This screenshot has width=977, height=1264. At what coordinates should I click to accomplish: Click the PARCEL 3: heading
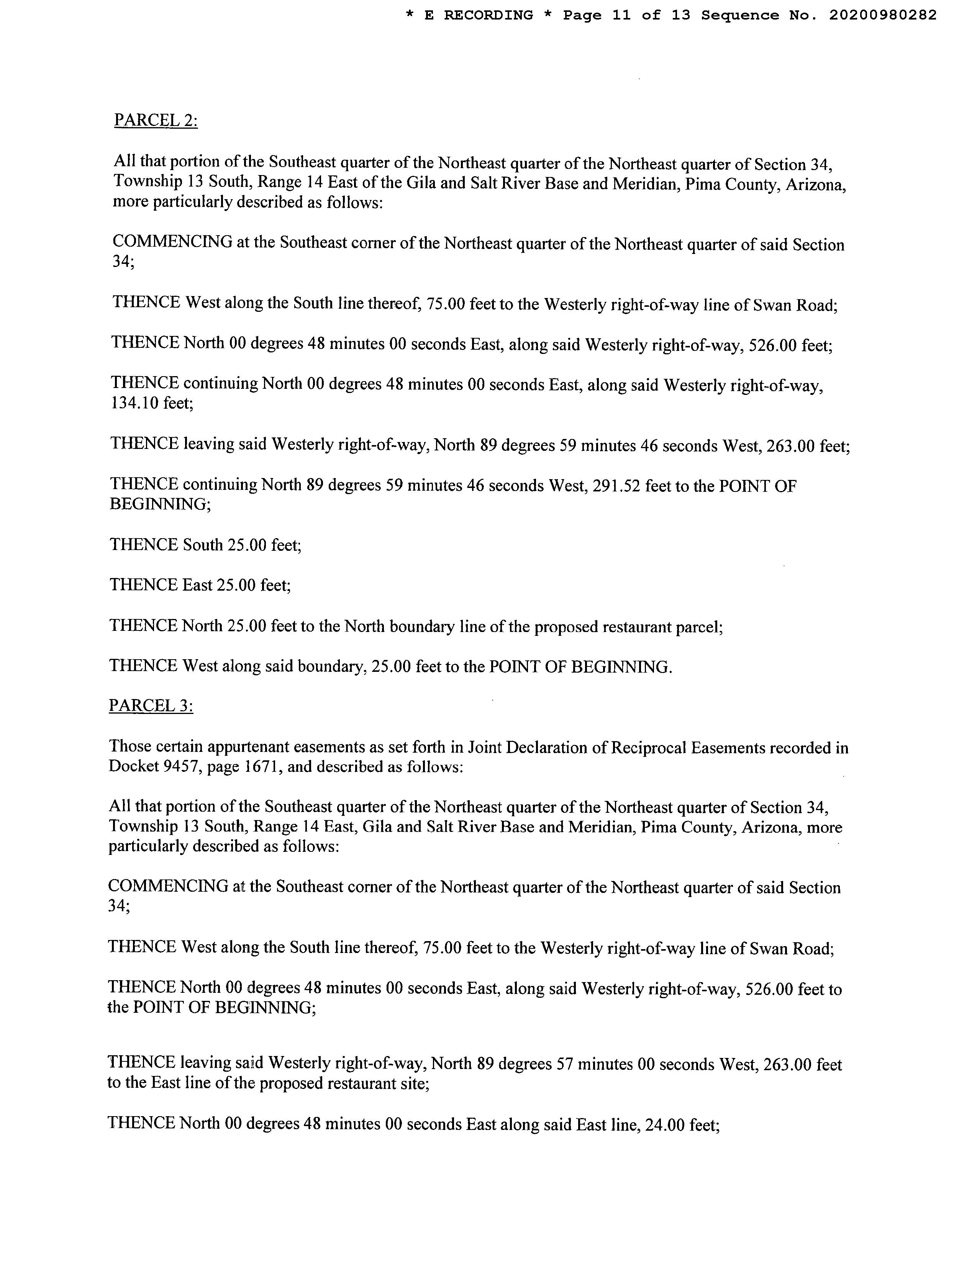[151, 706]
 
